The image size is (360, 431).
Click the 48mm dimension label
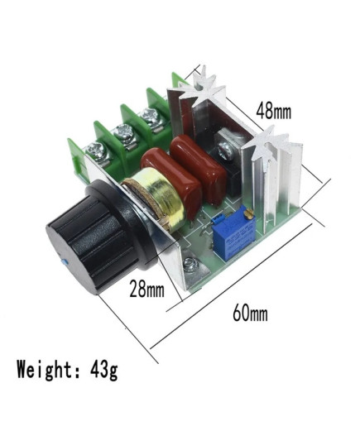[273, 111]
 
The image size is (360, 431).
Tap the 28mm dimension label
[146, 289]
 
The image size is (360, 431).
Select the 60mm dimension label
[250, 313]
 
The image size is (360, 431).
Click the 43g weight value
[104, 370]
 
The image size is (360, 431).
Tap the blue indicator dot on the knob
[63, 262]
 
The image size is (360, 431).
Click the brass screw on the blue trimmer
[249, 213]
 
